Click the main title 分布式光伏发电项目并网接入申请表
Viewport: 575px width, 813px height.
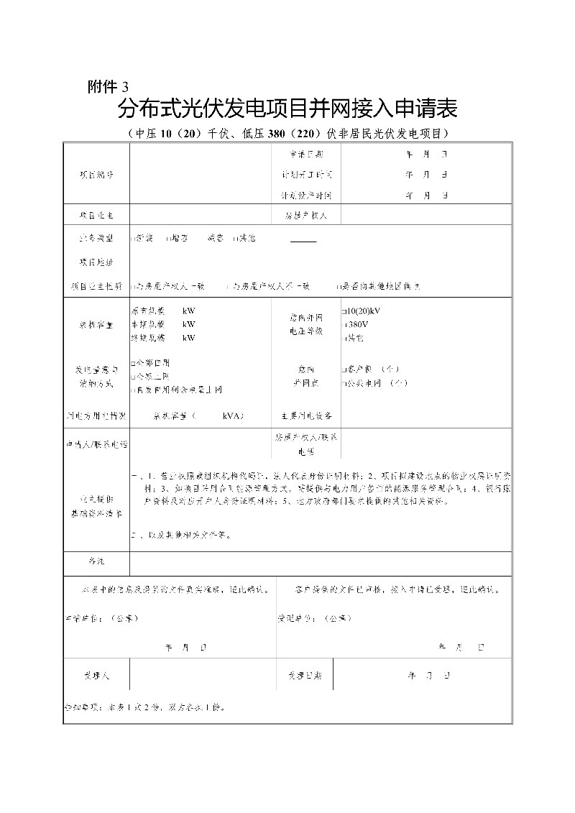coord(287,110)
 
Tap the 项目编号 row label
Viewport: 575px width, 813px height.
coord(96,175)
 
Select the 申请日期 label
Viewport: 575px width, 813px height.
coord(307,155)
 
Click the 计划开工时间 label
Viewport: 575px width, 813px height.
coord(307,175)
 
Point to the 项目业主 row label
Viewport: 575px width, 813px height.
coord(96,215)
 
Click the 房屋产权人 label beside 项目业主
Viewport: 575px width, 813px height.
coord(306,215)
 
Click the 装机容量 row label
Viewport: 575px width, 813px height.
coord(96,324)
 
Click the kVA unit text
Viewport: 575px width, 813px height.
coord(233,415)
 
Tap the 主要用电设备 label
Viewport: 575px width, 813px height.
coord(307,415)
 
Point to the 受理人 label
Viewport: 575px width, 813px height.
coord(96,676)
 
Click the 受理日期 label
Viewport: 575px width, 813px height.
coord(305,676)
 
